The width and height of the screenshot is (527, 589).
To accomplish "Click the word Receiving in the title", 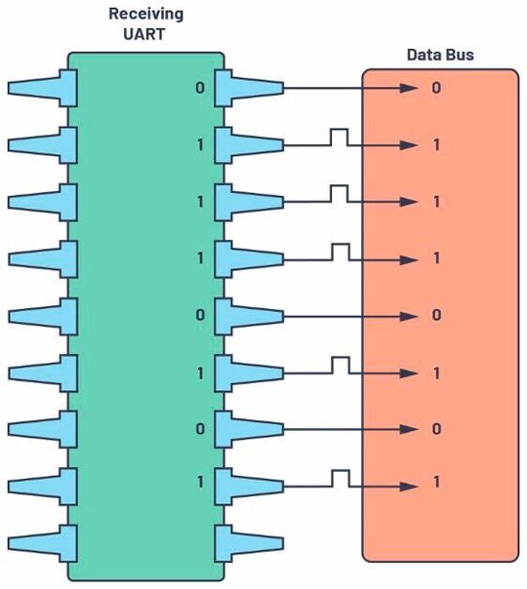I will pos(146,16).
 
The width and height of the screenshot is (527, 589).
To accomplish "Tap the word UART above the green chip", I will pos(146,36).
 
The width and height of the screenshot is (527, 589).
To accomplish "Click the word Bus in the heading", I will pos(458,55).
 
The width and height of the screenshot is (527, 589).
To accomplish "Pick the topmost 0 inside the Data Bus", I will pos(436,89).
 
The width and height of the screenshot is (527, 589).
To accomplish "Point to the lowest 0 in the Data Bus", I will pos(436,428).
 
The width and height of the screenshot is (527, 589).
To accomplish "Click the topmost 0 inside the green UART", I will pos(200,89).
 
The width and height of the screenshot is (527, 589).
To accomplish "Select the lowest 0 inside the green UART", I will pos(200,428).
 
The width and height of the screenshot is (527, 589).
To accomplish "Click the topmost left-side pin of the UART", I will pos(43,89).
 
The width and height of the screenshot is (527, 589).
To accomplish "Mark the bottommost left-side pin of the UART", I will pos(43,540).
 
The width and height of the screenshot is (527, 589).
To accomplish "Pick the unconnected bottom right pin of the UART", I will pos(249,540).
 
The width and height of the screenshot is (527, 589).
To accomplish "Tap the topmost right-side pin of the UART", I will pos(249,89).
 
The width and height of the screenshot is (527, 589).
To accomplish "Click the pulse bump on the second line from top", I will pos(339,137).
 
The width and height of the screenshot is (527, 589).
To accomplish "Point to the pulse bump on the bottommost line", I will pos(339,476).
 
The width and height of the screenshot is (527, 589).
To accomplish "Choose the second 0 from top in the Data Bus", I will pos(436,315).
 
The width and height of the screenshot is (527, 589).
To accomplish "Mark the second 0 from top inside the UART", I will pos(200,315).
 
